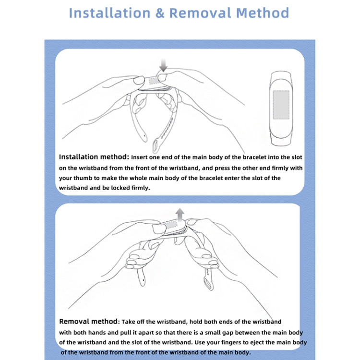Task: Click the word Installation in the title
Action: pos(109,12)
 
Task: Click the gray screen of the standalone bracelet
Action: pos(281,105)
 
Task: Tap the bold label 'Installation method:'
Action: pos(94,157)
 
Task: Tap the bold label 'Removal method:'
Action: pos(89,321)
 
